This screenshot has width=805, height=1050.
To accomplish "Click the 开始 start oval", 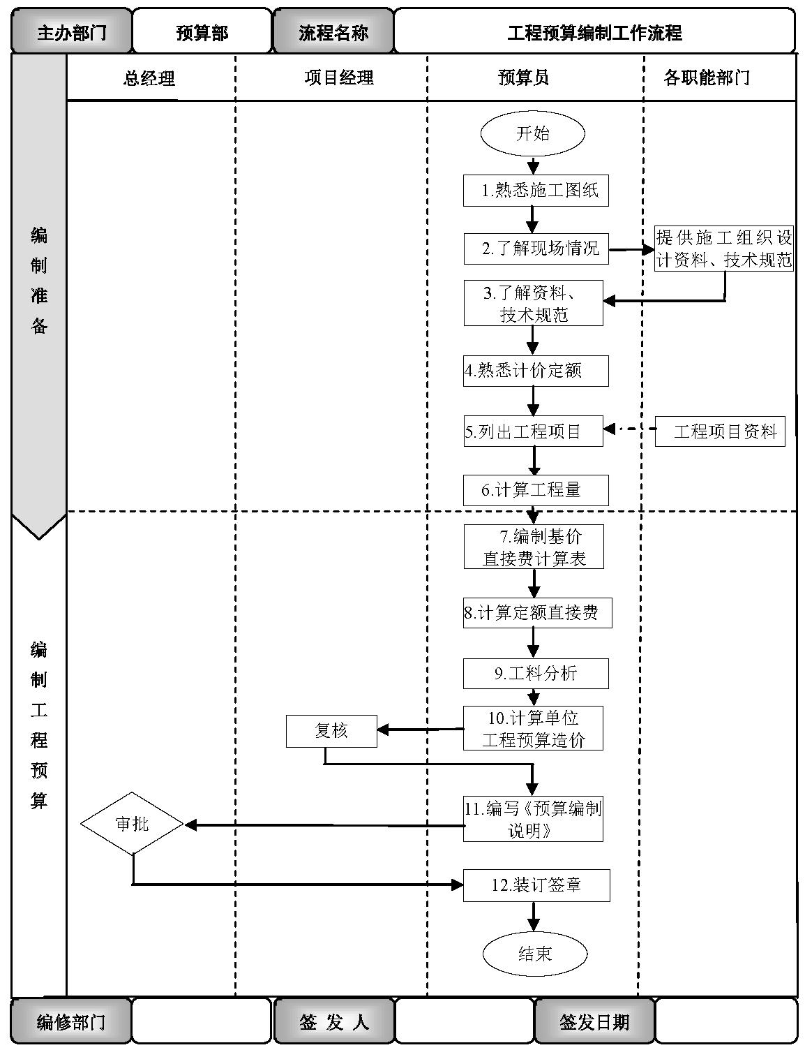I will click(533, 134).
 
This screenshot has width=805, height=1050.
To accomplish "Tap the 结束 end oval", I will click(535, 954).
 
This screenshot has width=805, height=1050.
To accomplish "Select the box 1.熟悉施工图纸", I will click(536, 191).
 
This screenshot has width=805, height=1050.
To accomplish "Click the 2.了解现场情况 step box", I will click(536, 249).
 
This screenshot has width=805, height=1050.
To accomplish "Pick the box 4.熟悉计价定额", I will click(536, 371).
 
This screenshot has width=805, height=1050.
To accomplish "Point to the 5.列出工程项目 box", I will click(533, 431).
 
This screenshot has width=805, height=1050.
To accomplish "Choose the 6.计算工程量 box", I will click(536, 490).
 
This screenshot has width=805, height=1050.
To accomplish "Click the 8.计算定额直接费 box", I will click(537, 613).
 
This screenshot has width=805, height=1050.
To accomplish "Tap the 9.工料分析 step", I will click(536, 674).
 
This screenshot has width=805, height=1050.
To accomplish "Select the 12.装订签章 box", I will click(536, 885).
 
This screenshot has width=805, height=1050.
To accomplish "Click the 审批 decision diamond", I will click(132, 824).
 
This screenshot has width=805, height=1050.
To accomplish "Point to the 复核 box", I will click(331, 731).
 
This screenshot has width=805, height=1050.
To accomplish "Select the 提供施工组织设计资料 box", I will click(724, 249).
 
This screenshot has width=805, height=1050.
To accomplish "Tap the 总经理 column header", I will click(149, 78).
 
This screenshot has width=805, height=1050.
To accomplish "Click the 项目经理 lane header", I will click(339, 78).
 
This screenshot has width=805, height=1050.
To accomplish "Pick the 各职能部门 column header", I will click(707, 78).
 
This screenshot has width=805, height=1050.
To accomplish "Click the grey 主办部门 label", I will click(71, 32).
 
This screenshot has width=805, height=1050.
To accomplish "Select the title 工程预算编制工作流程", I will click(594, 32).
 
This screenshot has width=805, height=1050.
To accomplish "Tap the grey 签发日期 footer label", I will click(594, 1022).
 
